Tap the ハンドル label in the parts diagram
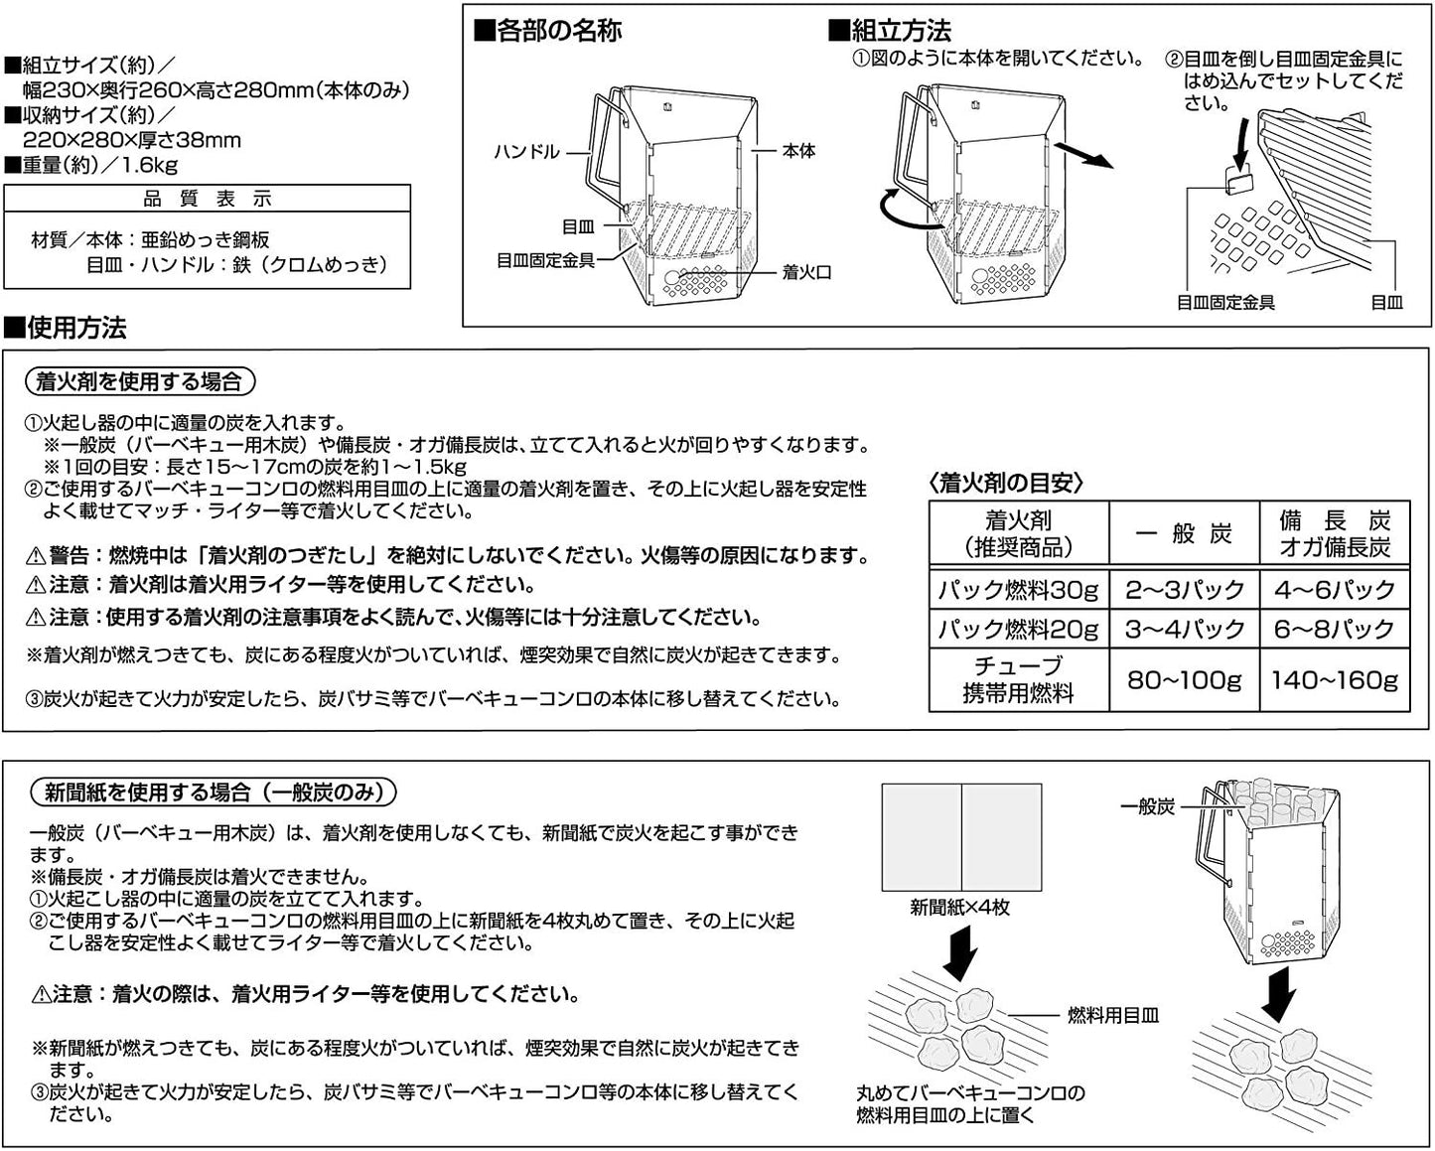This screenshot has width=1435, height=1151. coord(526,152)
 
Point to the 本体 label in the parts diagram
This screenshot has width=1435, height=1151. coord(798,151)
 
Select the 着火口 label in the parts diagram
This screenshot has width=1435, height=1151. coord(806,271)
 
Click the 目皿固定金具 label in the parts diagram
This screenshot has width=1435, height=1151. coord(545,260)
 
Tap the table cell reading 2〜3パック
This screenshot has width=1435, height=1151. coord(1184,590)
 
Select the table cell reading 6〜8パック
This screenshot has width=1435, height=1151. coord(1335,629)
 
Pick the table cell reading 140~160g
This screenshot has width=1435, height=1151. coord(1335,680)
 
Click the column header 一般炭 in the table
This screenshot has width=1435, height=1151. coord(1184,533)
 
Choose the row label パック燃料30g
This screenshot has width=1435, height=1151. coord(1019,590)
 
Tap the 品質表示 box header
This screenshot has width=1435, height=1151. coord(207,199)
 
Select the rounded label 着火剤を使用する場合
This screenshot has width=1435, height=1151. coord(138,381)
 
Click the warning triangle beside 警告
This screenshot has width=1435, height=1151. coord(35,556)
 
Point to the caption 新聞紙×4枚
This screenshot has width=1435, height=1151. coord(959,907)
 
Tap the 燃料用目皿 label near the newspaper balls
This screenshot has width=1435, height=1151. coord(1112,1015)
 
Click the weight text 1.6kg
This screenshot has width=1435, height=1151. coord(151,165)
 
